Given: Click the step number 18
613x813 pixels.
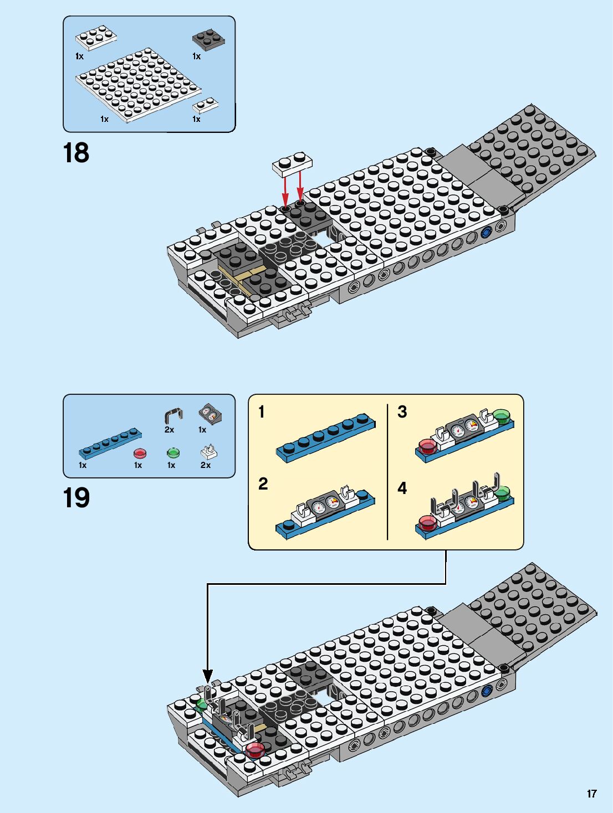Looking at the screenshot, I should [x=76, y=153].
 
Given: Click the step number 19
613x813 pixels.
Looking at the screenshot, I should [x=76, y=498].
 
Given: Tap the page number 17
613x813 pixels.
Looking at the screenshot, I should [x=591, y=794].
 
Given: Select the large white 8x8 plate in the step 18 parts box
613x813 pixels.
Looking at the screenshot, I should [x=138, y=85].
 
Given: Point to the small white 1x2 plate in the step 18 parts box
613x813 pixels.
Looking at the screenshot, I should [x=205, y=105].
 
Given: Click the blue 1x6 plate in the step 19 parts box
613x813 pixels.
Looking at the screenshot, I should [x=110, y=443].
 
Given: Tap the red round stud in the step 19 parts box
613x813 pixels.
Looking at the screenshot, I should [x=140, y=454].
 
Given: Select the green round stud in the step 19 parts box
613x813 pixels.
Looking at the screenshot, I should [x=173, y=453].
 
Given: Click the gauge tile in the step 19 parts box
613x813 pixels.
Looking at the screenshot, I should [x=210, y=413].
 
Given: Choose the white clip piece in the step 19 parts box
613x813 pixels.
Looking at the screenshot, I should [x=208, y=452].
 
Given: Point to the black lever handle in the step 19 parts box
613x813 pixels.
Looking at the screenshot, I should [x=173, y=415].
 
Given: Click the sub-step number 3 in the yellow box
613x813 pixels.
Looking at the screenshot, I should [x=402, y=412].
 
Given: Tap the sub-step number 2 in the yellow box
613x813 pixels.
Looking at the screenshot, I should [x=263, y=484].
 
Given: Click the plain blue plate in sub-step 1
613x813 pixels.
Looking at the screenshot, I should [x=325, y=438].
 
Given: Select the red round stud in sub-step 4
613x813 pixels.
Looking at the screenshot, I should [x=427, y=522].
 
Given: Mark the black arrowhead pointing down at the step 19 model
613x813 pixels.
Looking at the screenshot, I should [x=207, y=676].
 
